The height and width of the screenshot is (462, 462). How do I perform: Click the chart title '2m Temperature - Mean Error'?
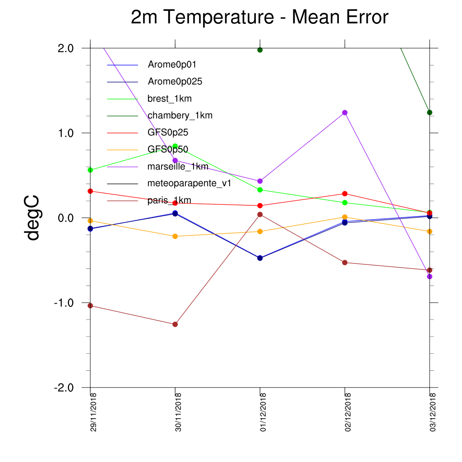pyautogui.click(x=259, y=17)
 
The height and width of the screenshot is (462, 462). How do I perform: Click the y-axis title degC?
pyautogui.click(x=32, y=218)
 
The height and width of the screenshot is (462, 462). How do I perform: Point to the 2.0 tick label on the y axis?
pyautogui.click(x=66, y=48)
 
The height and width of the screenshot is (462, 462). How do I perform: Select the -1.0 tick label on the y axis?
pyautogui.click(x=64, y=303)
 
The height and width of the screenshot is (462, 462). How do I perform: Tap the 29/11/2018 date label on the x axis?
pyautogui.click(x=93, y=412)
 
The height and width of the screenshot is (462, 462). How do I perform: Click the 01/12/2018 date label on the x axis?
pyautogui.click(x=263, y=412)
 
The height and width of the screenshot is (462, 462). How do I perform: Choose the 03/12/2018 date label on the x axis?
pyautogui.click(x=433, y=412)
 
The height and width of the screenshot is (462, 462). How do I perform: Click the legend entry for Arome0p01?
pyautogui.click(x=172, y=65)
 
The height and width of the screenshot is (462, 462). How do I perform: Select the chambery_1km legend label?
pyautogui.click(x=180, y=115)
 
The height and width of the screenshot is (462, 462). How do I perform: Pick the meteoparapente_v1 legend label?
pyautogui.click(x=189, y=183)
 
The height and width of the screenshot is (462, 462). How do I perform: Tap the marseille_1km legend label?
pyautogui.click(x=178, y=166)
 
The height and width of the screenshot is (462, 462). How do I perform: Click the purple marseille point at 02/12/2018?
pyautogui.click(x=345, y=112)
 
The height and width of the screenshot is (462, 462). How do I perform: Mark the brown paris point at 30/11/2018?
pyautogui.click(x=175, y=324)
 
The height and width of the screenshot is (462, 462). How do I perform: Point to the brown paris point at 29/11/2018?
pyautogui.click(x=90, y=306)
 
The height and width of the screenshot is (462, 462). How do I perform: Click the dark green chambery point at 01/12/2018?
pyautogui.click(x=260, y=50)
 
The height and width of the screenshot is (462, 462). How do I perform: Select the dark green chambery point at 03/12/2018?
pyautogui.click(x=430, y=112)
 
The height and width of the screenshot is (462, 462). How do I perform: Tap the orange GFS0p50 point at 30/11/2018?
pyautogui.click(x=175, y=236)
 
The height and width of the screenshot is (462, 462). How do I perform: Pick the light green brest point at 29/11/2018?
pyautogui.click(x=90, y=170)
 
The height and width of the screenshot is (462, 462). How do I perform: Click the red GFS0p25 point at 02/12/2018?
pyautogui.click(x=345, y=194)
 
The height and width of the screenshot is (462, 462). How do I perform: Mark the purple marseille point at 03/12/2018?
pyautogui.click(x=430, y=277)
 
